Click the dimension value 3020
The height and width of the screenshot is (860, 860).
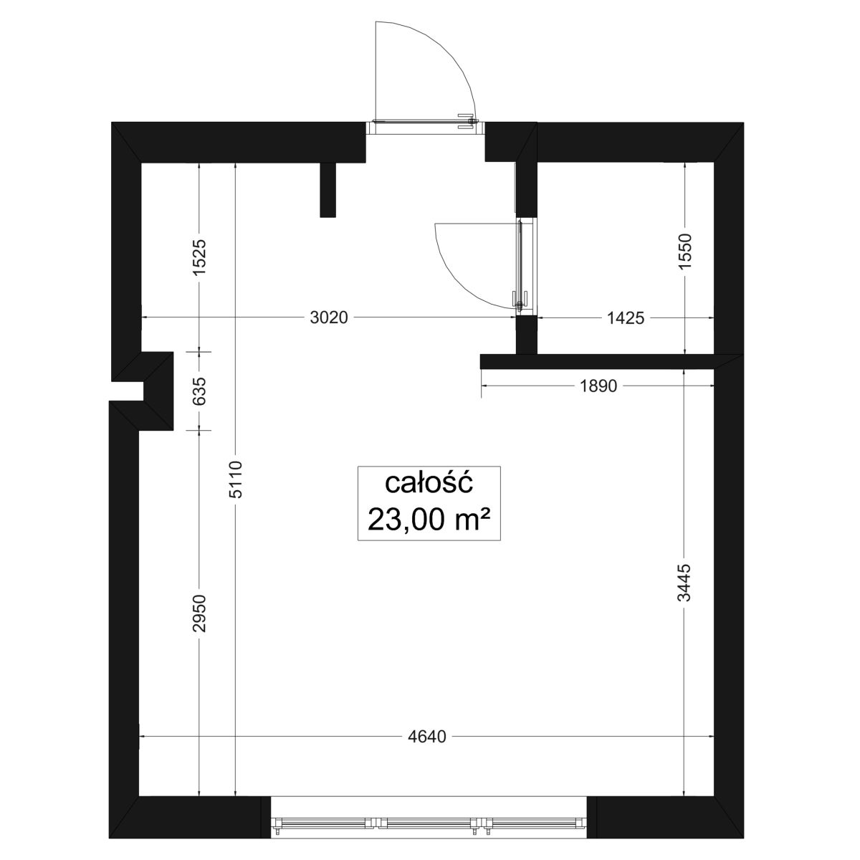click(x=329, y=317)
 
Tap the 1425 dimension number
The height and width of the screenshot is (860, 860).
click(x=626, y=318)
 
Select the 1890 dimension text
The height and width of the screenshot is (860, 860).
click(x=598, y=386)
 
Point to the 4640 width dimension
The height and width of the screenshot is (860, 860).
click(x=426, y=737)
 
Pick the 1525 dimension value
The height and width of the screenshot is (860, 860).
click(x=199, y=257)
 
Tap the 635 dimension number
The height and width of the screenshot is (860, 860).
click(x=201, y=391)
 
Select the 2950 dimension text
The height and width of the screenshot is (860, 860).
click(x=199, y=613)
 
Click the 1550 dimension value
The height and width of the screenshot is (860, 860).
click(x=684, y=251)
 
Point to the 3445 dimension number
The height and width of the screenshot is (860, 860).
click(x=684, y=583)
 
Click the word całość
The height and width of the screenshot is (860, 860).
click(x=429, y=483)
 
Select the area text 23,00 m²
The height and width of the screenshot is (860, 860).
click(x=429, y=520)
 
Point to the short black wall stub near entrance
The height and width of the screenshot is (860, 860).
click(x=328, y=190)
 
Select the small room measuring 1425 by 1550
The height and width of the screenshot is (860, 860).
click(x=625, y=259)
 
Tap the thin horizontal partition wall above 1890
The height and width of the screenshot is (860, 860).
click(x=598, y=362)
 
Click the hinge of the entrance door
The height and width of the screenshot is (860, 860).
click(x=470, y=121)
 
